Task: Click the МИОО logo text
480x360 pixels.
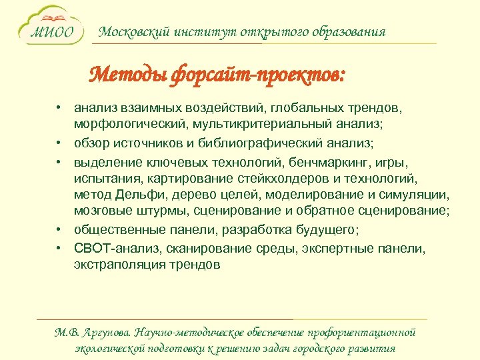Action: point(54,33)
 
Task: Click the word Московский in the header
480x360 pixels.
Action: point(129,32)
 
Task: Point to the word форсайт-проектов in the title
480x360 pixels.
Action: point(247,75)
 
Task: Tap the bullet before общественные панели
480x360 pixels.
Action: point(59,229)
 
